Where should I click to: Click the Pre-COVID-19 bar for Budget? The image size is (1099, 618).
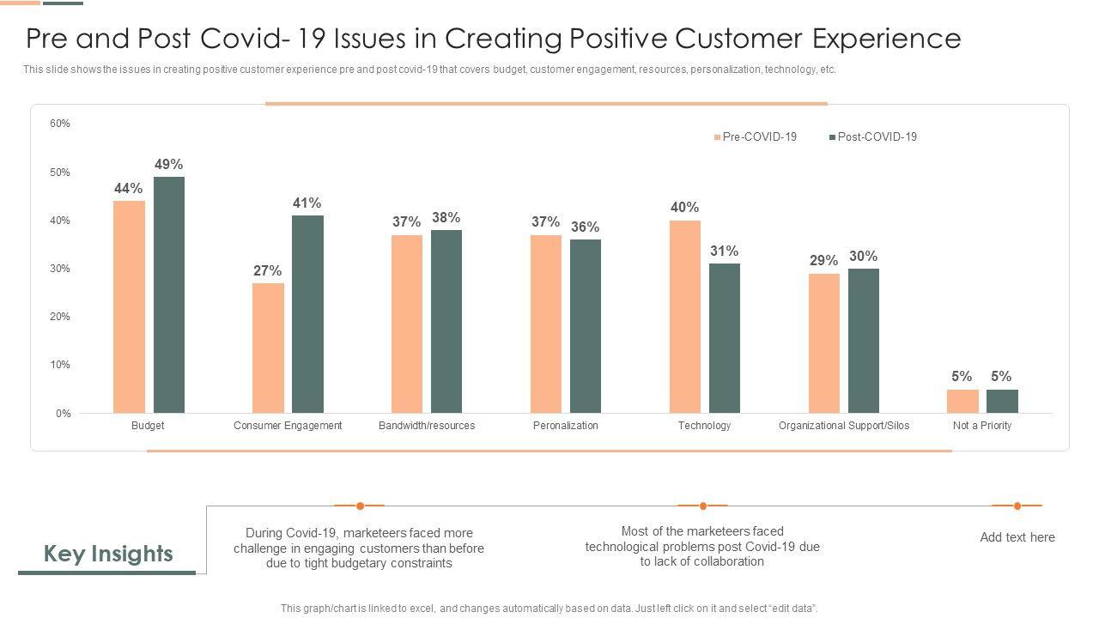tap(129, 306)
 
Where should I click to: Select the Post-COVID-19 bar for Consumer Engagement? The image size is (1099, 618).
tap(307, 314)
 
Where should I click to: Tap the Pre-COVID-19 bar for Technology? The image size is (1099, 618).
tap(685, 317)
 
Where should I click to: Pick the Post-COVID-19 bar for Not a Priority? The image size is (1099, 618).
tap(1002, 402)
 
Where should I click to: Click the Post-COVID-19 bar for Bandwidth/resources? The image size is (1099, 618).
tap(446, 321)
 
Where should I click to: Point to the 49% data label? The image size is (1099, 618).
tap(169, 164)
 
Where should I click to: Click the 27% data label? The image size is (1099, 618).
tap(267, 270)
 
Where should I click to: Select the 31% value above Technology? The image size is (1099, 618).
tap(724, 251)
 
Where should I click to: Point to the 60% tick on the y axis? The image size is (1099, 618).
tap(60, 124)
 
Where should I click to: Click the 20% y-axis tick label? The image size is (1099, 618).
tap(60, 317)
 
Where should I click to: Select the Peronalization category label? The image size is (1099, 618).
tap(565, 426)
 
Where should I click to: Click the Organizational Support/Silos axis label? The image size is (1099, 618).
tap(843, 426)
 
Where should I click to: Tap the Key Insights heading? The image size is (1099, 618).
tap(108, 554)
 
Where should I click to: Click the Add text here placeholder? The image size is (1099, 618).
tap(1017, 537)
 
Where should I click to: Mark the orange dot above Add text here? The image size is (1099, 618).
tap(1017, 506)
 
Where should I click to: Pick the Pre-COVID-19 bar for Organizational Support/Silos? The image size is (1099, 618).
tap(824, 343)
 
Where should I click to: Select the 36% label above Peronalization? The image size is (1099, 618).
tap(585, 227)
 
